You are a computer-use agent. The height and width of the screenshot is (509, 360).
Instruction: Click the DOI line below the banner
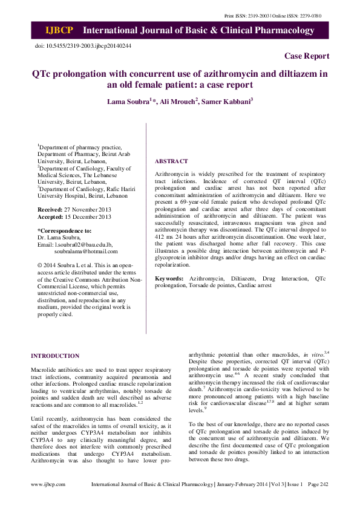pyautogui.click(x=83, y=45)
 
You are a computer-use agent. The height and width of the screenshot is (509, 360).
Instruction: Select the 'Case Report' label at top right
pyautogui.click(x=307, y=56)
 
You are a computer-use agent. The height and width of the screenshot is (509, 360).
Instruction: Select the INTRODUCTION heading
pyautogui.click(x=55, y=355)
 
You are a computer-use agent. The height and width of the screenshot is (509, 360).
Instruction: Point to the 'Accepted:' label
pyautogui.click(x=51, y=216)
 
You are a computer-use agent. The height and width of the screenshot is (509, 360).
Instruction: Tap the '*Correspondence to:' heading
pyautogui.click(x=65, y=230)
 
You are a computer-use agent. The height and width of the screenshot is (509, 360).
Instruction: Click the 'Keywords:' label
pyautogui.click(x=169, y=278)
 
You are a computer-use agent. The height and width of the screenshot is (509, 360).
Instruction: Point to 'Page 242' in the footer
pyautogui.click(x=317, y=501)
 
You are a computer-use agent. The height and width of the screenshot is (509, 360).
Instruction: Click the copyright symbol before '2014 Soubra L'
pyautogui.click(x=40, y=265)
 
